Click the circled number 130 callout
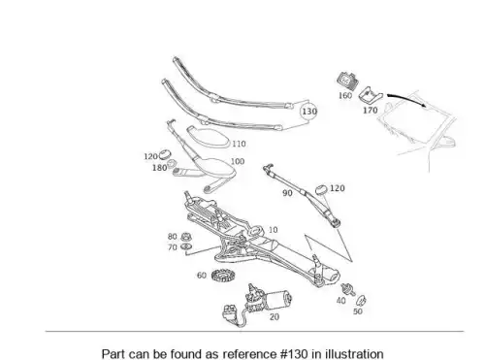[309, 112]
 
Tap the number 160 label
[345, 95]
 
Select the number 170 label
[371, 111]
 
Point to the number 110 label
[239, 144]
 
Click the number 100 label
[238, 161]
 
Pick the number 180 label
[159, 168]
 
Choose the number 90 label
[287, 193]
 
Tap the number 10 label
[274, 230]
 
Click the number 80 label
[173, 237]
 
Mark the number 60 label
[202, 276]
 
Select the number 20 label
[275, 317]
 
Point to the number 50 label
[358, 311]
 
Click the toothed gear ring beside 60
[223, 276]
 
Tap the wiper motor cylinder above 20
[278, 299]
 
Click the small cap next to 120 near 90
[321, 190]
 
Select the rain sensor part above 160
[348, 81]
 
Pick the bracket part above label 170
[371, 94]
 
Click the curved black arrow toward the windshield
[407, 100]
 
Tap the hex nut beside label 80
[185, 237]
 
